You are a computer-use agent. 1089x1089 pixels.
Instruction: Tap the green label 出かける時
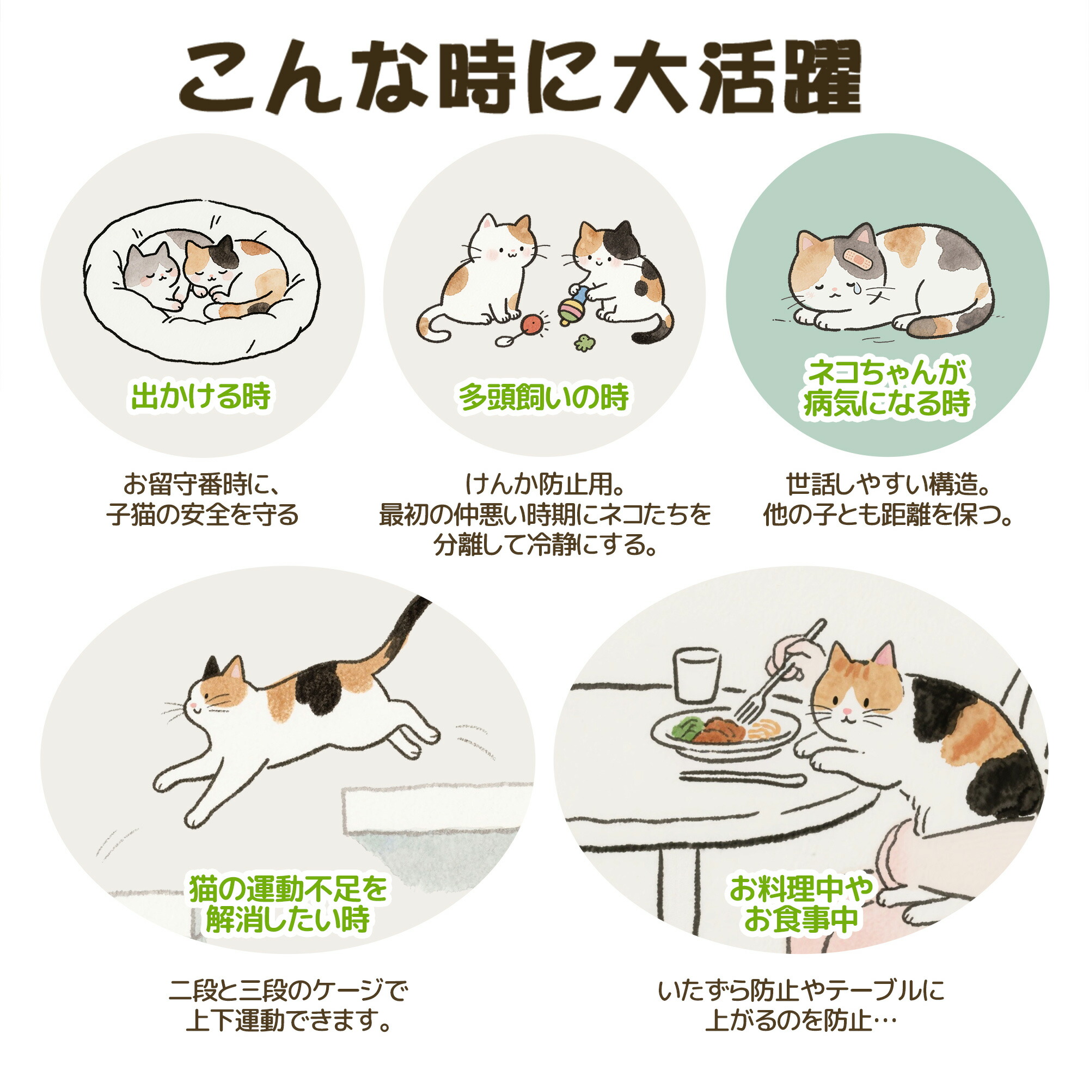click(201, 396)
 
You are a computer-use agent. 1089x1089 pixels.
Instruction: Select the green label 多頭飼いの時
click(543, 397)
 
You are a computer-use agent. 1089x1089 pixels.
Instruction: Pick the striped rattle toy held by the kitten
click(572, 308)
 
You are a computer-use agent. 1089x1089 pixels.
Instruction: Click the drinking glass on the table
click(698, 674)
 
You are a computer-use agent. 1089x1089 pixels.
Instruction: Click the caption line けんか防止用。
click(543, 484)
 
